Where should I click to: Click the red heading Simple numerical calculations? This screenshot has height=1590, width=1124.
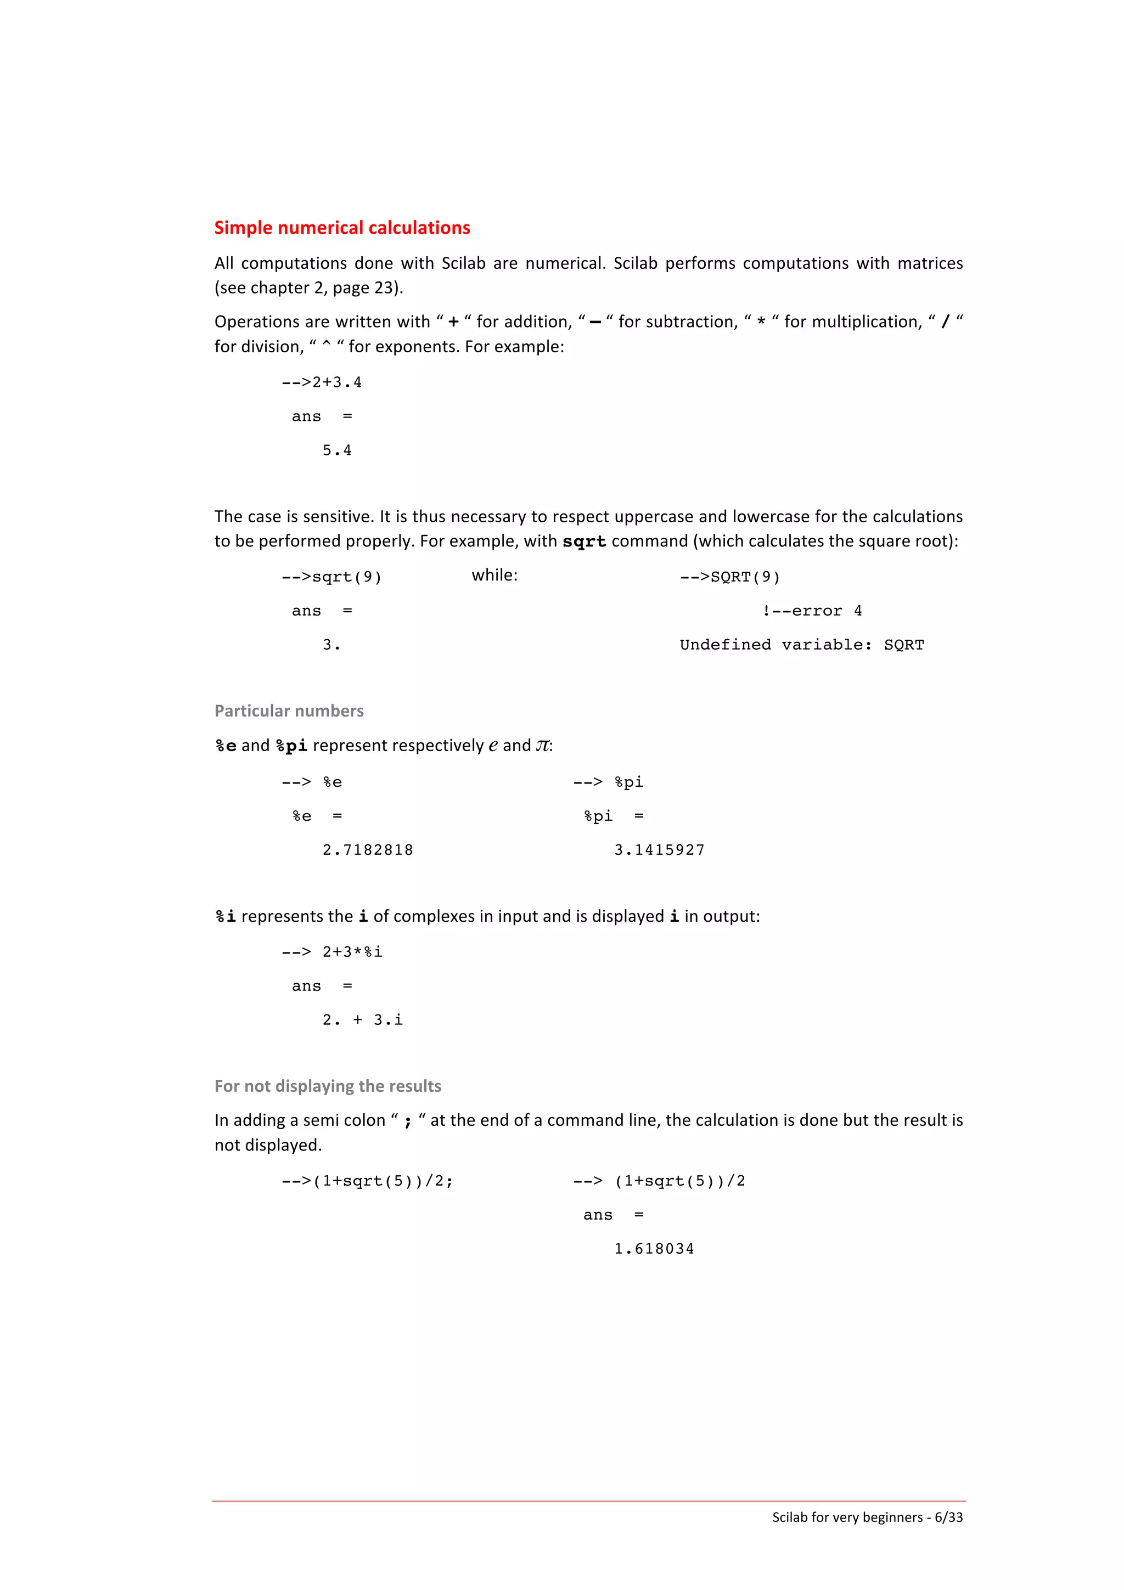pyautogui.click(x=341, y=228)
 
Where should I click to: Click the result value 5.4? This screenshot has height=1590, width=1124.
pyautogui.click(x=336, y=451)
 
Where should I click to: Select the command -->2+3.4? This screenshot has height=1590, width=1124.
pyautogui.click(x=322, y=382)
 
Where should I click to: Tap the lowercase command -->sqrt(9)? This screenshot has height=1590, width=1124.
pyautogui.click(x=331, y=577)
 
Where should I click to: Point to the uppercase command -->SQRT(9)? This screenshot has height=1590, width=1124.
pyautogui.click(x=729, y=577)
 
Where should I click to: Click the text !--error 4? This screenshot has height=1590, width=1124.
pyautogui.click(x=812, y=611)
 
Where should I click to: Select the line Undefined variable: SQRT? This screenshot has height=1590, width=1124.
pyautogui.click(x=801, y=645)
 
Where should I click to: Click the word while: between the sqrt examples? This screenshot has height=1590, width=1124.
pyautogui.click(x=494, y=576)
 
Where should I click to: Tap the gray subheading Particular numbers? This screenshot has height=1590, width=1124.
pyautogui.click(x=289, y=711)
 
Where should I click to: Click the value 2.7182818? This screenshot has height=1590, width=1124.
pyautogui.click(x=368, y=850)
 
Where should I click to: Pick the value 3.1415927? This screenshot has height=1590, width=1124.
pyautogui.click(x=659, y=850)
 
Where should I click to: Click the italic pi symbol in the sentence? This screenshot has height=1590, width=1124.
pyautogui.click(x=542, y=746)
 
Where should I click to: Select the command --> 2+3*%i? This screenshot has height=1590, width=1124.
pyautogui.click(x=331, y=952)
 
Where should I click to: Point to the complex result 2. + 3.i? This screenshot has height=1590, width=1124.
pyautogui.click(x=362, y=1020)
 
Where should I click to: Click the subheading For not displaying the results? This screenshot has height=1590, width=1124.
pyautogui.click(x=328, y=1086)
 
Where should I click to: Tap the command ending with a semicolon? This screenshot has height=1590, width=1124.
pyautogui.click(x=367, y=1181)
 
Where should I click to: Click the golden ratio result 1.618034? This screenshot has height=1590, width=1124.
pyautogui.click(x=654, y=1249)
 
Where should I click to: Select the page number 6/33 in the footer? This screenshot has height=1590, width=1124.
pyautogui.click(x=948, y=1516)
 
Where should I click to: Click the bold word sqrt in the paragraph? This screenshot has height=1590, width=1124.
pyautogui.click(x=584, y=542)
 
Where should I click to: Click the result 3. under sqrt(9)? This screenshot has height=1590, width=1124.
pyautogui.click(x=331, y=645)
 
